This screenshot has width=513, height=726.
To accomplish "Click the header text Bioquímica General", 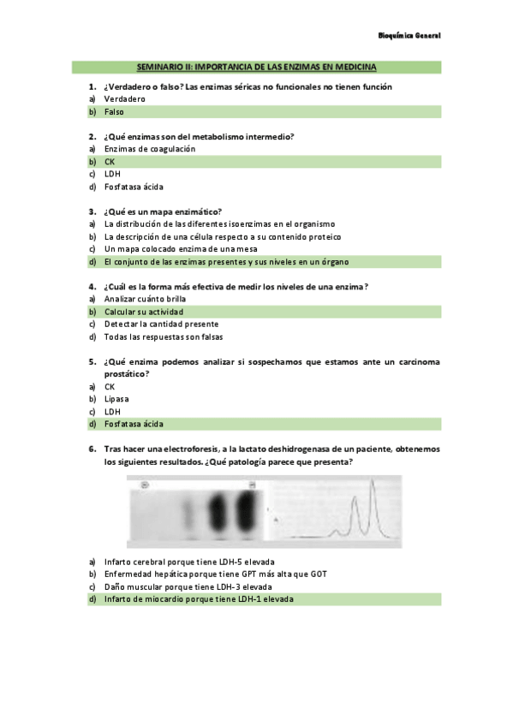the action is click(409, 37).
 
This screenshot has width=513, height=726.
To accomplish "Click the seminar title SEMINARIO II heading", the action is click(256, 67).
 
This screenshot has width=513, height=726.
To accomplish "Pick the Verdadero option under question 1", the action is click(125, 99).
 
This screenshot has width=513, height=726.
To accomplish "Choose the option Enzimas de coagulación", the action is click(150, 149).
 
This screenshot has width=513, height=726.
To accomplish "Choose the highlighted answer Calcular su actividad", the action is click(144, 312).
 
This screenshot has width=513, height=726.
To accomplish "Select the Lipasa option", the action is click(116, 399).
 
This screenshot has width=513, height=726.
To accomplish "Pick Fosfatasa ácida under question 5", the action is click(134, 424).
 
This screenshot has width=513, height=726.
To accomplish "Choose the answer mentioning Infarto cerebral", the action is click(189, 562).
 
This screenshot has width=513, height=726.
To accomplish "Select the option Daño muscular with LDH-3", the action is click(188, 587).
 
